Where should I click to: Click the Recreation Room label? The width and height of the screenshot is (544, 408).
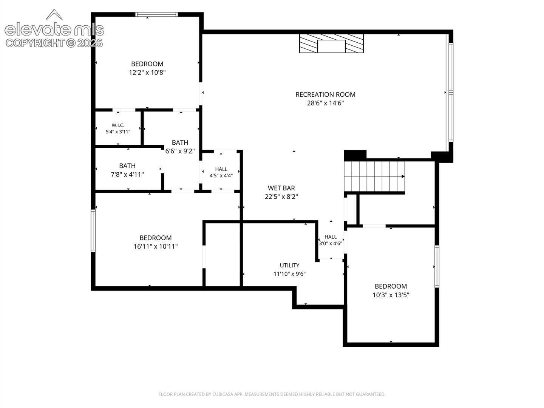(325, 94)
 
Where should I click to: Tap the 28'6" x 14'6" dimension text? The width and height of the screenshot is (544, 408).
(325, 103)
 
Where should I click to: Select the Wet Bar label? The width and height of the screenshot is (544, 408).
(281, 188)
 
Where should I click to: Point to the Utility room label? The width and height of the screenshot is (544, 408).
(289, 265)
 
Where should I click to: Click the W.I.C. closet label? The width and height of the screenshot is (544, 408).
(118, 125)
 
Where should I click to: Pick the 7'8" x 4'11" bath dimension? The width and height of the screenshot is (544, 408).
(127, 175)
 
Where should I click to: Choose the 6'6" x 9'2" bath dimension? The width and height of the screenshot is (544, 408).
(180, 151)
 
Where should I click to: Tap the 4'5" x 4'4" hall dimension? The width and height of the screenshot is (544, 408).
(221, 176)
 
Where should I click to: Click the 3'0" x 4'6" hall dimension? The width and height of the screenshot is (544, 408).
(330, 243)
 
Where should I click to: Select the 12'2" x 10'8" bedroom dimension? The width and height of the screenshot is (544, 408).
(147, 73)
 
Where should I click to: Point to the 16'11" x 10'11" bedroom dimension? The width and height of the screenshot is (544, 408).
(156, 246)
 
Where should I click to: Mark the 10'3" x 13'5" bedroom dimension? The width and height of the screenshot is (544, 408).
(391, 295)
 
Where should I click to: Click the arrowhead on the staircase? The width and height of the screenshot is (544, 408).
(403, 176)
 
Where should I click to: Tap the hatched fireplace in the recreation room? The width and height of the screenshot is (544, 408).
(331, 43)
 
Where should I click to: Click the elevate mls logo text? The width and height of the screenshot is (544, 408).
(54, 29)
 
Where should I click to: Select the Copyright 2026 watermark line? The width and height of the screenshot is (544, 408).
(54, 43)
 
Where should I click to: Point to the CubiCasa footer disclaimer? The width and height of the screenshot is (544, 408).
(272, 394)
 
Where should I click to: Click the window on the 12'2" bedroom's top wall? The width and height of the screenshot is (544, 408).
(156, 14)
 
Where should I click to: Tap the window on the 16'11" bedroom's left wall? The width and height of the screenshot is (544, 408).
(93, 230)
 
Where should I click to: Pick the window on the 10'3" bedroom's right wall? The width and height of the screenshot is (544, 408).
(437, 267)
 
